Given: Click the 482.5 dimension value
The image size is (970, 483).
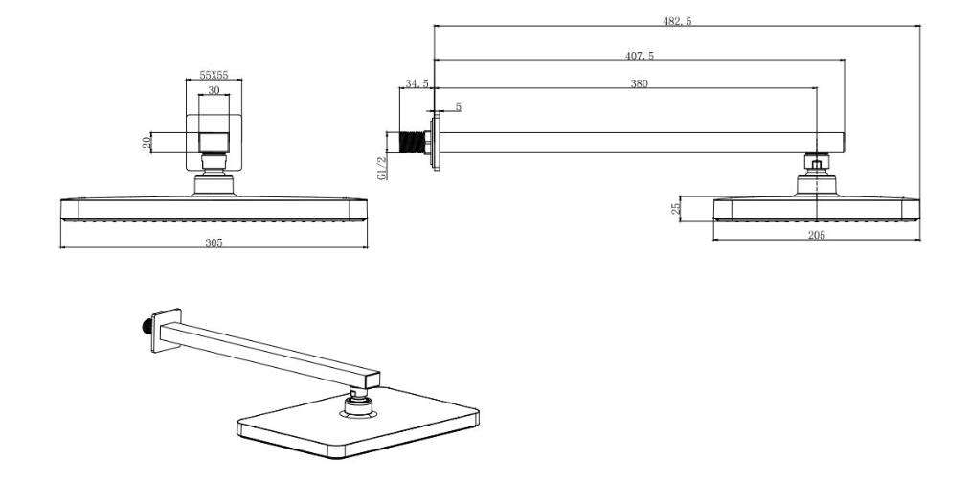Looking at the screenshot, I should point(676,21).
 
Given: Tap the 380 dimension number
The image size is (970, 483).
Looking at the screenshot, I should point(639,83).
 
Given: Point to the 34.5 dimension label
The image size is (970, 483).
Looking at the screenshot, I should point(417,84).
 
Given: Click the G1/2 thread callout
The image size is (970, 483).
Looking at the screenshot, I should point(382,167).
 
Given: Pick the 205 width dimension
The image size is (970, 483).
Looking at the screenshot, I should point(816,235).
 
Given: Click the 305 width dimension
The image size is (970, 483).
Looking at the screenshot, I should point(214,243).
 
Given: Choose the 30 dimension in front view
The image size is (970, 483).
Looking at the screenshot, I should point(214,89).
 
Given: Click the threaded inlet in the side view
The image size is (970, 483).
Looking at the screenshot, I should point(413,143).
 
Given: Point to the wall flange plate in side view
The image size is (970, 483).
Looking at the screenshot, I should point(436,143).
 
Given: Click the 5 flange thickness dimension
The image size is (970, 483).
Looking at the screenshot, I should point(458,106).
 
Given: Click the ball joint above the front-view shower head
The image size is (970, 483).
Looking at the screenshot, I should point(214,182).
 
